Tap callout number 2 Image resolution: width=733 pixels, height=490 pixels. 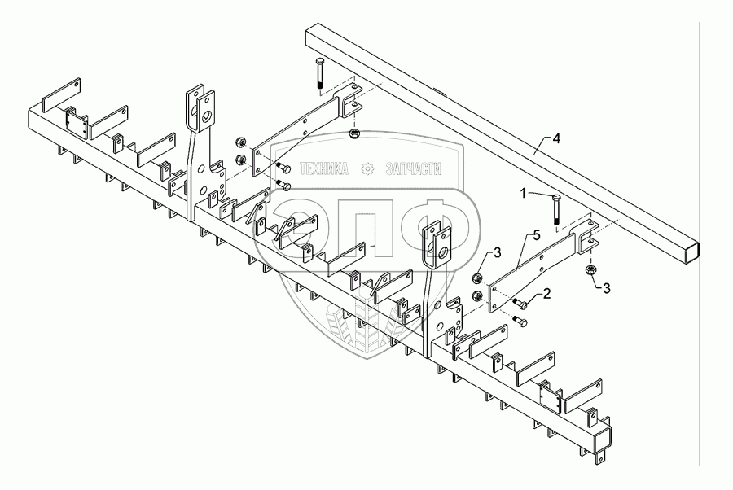pos(546,293)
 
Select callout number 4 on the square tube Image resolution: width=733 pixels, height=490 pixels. pos(556,138)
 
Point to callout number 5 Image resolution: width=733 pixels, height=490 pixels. pos(536,236)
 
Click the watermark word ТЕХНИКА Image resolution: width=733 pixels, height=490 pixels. pos(324,168)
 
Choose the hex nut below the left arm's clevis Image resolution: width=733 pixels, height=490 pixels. pos(353,133)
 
